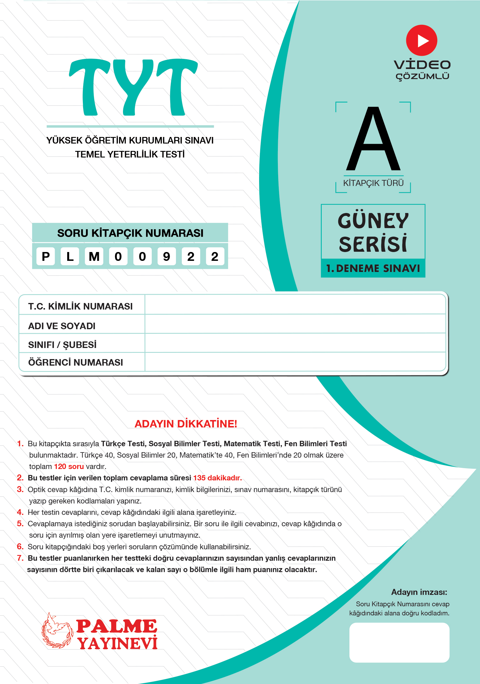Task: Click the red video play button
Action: click(421, 40)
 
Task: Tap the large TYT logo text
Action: click(133, 87)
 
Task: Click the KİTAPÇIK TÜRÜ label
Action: click(373, 183)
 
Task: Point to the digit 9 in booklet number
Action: click(167, 257)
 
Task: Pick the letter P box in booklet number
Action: click(46, 257)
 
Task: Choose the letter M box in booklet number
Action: click(94, 257)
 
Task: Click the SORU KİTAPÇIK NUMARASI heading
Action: click(130, 233)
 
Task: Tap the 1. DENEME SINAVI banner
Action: click(373, 269)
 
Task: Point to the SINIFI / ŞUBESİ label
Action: click(62, 345)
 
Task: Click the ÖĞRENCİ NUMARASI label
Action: click(75, 362)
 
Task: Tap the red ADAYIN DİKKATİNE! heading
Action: click(186, 424)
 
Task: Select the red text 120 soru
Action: click(69, 466)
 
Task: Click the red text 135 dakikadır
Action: click(218, 478)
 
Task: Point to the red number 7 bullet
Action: click(20, 558)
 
